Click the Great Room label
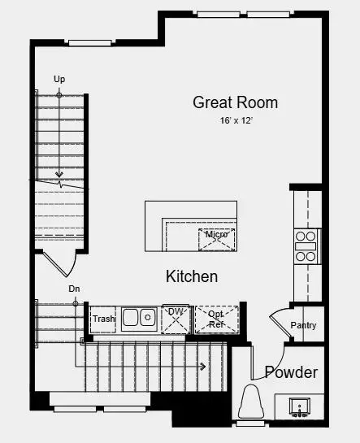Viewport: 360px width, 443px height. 235,102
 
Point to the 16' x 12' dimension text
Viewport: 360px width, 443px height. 235,120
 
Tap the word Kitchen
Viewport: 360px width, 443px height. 192,276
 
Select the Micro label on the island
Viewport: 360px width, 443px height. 216,235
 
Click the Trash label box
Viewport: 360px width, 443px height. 102,319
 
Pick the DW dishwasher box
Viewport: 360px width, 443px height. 175,318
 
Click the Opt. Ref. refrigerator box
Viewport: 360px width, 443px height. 217,319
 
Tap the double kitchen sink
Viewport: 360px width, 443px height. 139,318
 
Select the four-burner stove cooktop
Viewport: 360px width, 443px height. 306,245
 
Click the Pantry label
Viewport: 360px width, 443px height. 303,326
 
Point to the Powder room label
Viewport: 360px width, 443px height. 291,372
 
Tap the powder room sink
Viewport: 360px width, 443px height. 299,405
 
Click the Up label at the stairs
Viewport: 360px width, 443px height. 59,79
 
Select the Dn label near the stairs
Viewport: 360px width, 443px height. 74,289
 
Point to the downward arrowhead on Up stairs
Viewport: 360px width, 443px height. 59,175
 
